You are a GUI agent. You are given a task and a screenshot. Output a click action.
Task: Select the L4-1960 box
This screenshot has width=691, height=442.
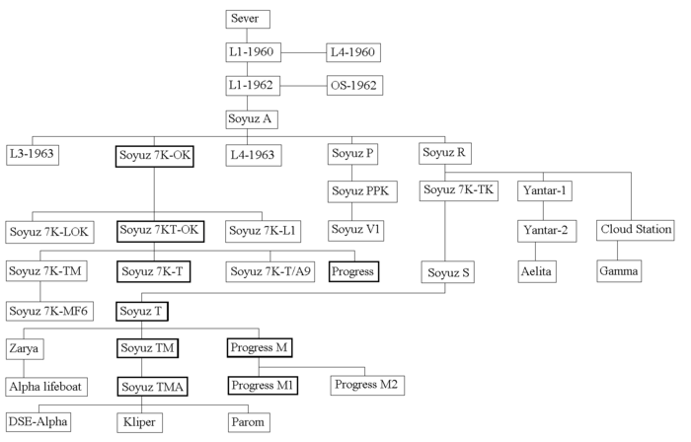(352, 51)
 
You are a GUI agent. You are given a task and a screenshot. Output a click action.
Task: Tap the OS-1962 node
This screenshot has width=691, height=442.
(353, 85)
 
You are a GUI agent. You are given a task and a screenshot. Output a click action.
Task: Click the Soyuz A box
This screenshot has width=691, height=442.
(250, 119)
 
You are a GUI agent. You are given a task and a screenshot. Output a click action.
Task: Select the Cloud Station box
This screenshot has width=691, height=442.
(636, 230)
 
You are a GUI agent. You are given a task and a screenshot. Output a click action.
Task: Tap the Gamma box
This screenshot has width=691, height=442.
(619, 268)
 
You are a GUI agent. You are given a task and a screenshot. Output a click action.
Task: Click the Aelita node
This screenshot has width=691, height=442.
(541, 268)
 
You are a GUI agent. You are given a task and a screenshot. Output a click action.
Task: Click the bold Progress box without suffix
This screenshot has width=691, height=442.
(355, 269)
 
